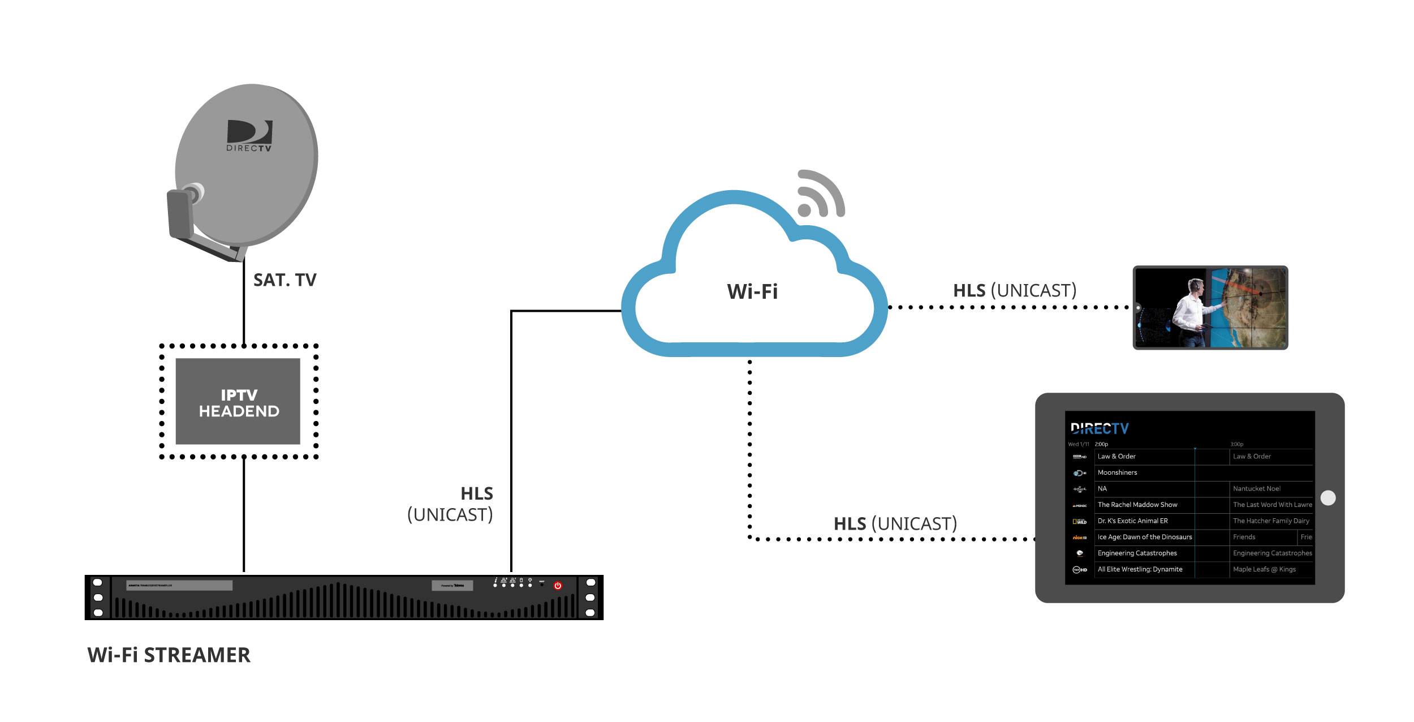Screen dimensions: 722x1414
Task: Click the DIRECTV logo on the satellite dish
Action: point(249,136)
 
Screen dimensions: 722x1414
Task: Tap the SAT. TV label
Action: point(284,280)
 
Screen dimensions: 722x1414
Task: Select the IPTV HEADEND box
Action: point(238,402)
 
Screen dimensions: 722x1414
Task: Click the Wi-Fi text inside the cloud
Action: point(752,292)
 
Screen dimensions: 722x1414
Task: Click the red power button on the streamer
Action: point(558,586)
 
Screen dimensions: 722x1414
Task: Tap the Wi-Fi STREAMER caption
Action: point(169,655)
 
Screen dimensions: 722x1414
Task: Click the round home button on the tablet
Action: point(1328,498)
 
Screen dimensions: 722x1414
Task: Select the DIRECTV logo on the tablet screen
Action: point(1100,428)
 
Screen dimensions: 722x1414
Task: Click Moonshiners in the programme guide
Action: point(1117,472)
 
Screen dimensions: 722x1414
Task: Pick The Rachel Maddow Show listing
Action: point(1137,505)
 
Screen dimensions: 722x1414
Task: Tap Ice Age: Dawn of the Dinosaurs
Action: point(1145,537)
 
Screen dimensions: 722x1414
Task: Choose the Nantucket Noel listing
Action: point(1257,488)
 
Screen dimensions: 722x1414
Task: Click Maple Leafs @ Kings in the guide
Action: point(1264,569)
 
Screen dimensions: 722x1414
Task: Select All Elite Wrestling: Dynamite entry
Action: point(1140,569)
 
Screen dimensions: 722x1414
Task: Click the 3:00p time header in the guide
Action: point(1236,444)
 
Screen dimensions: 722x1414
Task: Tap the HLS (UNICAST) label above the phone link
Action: point(1015,290)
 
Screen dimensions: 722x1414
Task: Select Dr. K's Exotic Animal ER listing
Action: point(1132,521)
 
